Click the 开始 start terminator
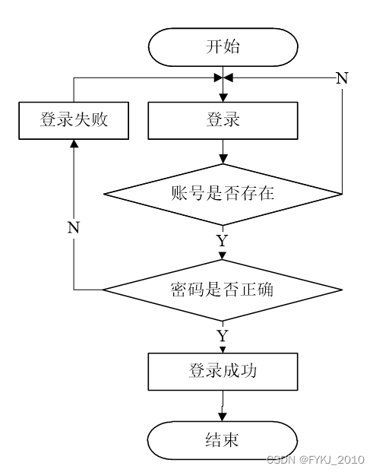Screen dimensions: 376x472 click(x=223, y=47)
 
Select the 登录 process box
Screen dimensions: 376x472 click(x=223, y=120)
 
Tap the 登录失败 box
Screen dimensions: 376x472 click(x=74, y=120)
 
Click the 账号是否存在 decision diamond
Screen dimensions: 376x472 click(x=223, y=194)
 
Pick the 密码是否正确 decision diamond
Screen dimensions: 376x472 click(x=223, y=290)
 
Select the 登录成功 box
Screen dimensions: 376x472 click(x=223, y=372)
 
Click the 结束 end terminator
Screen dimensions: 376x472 click(x=223, y=440)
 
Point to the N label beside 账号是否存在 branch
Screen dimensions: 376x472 click(x=342, y=78)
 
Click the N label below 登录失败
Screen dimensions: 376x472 click(x=74, y=227)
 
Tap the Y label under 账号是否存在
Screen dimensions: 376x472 click(x=223, y=240)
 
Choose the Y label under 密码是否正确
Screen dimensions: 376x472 click(x=223, y=336)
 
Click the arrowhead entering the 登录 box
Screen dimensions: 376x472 click(x=223, y=98)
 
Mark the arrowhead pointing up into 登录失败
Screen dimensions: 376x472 click(x=74, y=144)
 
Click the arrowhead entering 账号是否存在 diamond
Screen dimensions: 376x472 click(x=223, y=160)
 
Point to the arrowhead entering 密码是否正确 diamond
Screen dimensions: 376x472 click(x=223, y=256)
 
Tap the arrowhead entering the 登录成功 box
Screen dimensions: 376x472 click(x=223, y=350)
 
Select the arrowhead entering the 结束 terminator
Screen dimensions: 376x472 click(x=223, y=417)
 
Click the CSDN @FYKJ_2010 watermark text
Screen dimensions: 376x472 click(x=315, y=460)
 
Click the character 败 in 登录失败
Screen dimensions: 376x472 click(x=100, y=119)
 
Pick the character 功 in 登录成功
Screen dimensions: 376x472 click(x=248, y=371)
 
